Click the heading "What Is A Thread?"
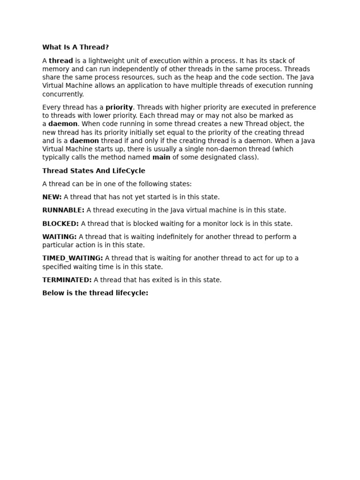(75, 47)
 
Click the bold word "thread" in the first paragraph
(61, 60)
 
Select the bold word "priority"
(119, 107)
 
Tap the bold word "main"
(161, 157)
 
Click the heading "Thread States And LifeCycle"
(94, 171)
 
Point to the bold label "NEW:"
(52, 197)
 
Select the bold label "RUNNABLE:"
(63, 210)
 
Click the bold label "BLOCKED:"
(60, 224)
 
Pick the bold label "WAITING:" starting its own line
(60, 237)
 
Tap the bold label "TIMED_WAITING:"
(73, 258)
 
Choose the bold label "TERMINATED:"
(67, 280)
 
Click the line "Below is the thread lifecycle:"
(95, 293)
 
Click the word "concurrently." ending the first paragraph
(63, 94)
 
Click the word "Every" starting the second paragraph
(51, 107)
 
